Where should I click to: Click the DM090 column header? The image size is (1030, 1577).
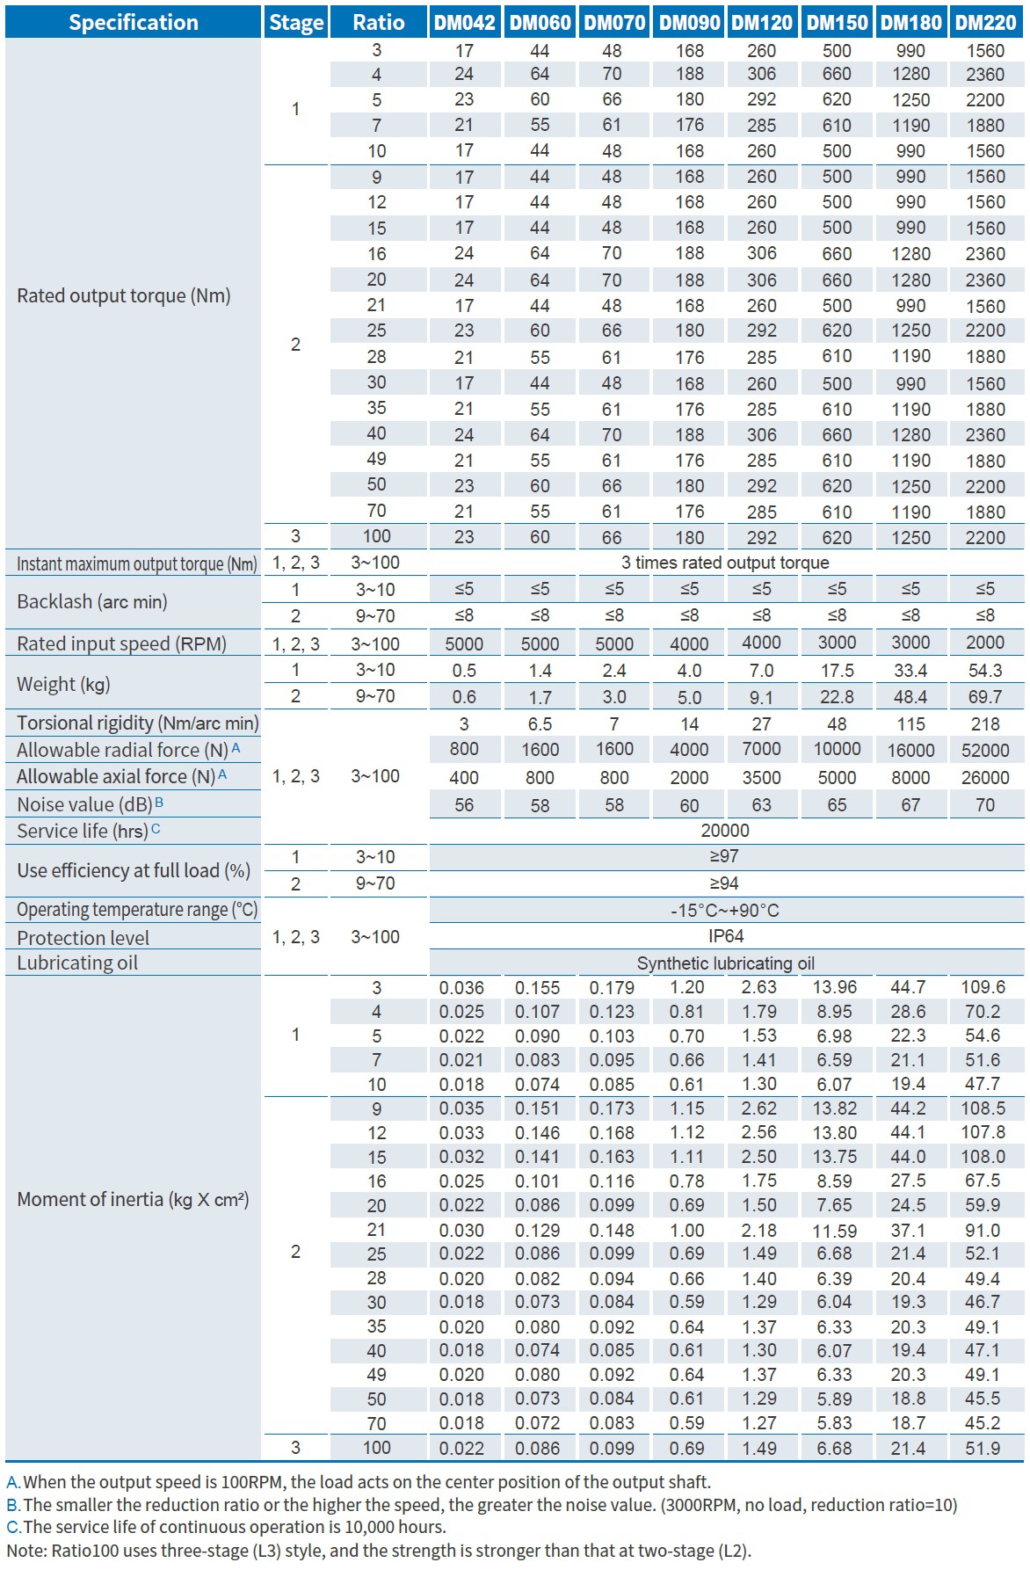point(689,22)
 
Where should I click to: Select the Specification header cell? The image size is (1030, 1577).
point(134,22)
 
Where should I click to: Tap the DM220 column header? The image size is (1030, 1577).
point(985,22)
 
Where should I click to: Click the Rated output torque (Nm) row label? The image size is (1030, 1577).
point(124,295)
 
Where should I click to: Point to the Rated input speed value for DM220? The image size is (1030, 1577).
point(985,643)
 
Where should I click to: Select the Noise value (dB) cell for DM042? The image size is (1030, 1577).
point(464,804)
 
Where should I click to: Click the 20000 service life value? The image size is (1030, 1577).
point(725,831)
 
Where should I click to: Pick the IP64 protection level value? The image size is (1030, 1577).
point(726,936)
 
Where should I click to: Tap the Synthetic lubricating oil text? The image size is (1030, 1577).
point(725,963)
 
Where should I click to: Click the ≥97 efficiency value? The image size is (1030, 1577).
point(724,856)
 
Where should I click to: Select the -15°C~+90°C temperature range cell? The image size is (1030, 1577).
point(725,911)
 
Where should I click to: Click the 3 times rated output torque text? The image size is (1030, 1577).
point(725,563)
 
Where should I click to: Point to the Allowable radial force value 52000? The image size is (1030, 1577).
point(985,750)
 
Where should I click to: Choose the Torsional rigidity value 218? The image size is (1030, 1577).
point(985,723)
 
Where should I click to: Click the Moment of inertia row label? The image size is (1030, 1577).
point(133,1199)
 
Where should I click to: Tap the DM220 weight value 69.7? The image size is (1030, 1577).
point(985,697)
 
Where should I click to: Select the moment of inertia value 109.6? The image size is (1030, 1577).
point(983,987)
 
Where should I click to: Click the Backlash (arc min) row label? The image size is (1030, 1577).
point(92,601)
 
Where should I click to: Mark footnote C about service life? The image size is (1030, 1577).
point(227,1527)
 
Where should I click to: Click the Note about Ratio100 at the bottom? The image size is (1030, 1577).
point(379,1551)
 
